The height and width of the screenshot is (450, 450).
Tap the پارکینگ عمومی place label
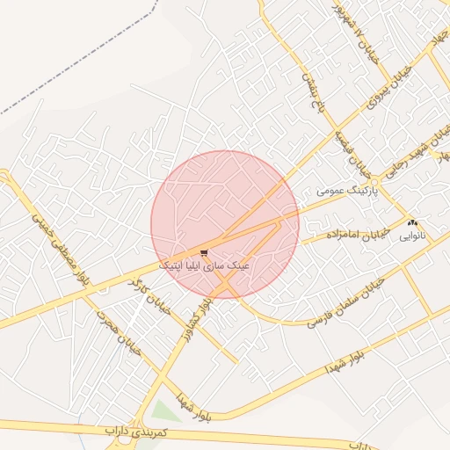(347, 190)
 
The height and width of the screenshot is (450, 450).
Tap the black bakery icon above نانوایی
(414, 223)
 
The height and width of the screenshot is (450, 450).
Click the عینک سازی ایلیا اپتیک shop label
(205, 264)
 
